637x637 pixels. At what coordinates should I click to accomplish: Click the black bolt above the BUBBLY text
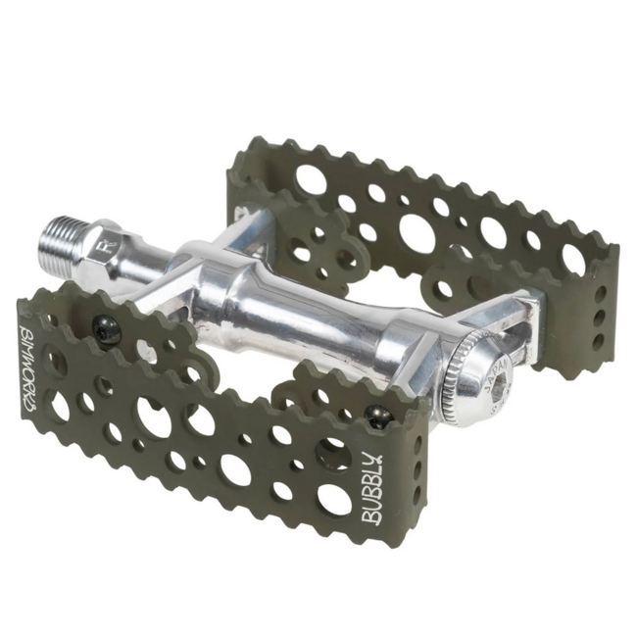pos(378,418)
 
